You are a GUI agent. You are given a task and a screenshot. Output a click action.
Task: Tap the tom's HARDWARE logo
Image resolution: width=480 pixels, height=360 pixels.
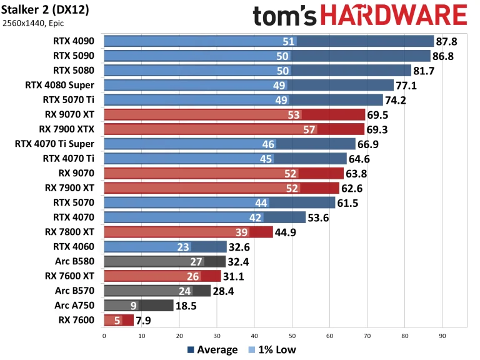click(360, 16)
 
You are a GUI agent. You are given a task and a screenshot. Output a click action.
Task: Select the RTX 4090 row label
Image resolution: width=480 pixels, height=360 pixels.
click(74, 41)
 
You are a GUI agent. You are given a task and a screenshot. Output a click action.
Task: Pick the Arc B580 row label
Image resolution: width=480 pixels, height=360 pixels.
click(76, 261)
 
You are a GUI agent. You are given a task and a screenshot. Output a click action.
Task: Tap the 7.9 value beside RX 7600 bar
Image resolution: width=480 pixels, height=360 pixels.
click(144, 321)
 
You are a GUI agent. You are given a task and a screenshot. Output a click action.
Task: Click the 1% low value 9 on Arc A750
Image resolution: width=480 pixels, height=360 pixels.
click(134, 306)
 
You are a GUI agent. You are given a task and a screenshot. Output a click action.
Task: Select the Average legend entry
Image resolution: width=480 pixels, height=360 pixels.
click(212, 350)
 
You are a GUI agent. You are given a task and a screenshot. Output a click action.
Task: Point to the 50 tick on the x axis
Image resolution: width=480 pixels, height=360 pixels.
click(292, 335)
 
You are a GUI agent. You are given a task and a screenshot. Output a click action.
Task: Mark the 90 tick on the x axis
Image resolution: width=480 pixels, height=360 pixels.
click(442, 335)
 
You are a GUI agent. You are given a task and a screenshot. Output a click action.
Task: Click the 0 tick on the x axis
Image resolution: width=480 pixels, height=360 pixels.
click(104, 335)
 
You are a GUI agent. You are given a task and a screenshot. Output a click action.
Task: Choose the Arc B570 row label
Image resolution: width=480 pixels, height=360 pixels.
click(76, 291)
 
